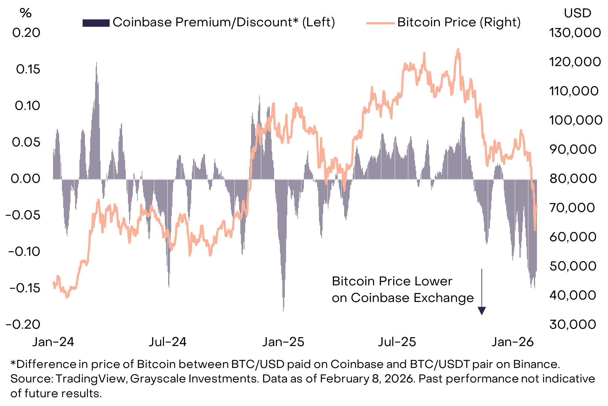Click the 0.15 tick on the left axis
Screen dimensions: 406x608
click(28, 69)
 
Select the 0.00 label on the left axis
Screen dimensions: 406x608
click(25, 178)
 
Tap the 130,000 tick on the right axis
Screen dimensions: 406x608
click(575, 33)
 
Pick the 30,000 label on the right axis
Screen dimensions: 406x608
click(573, 324)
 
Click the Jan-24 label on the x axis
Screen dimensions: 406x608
click(53, 342)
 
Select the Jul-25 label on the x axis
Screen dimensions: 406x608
click(397, 342)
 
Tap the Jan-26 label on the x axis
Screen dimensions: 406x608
click(513, 342)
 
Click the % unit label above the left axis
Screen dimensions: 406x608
click(25, 13)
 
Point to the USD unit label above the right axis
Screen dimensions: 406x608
click(578, 13)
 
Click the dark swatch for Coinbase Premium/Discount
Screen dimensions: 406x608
click(96, 23)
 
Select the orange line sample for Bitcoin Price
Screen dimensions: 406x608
click(380, 23)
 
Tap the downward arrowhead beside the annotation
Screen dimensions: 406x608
click(482, 311)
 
